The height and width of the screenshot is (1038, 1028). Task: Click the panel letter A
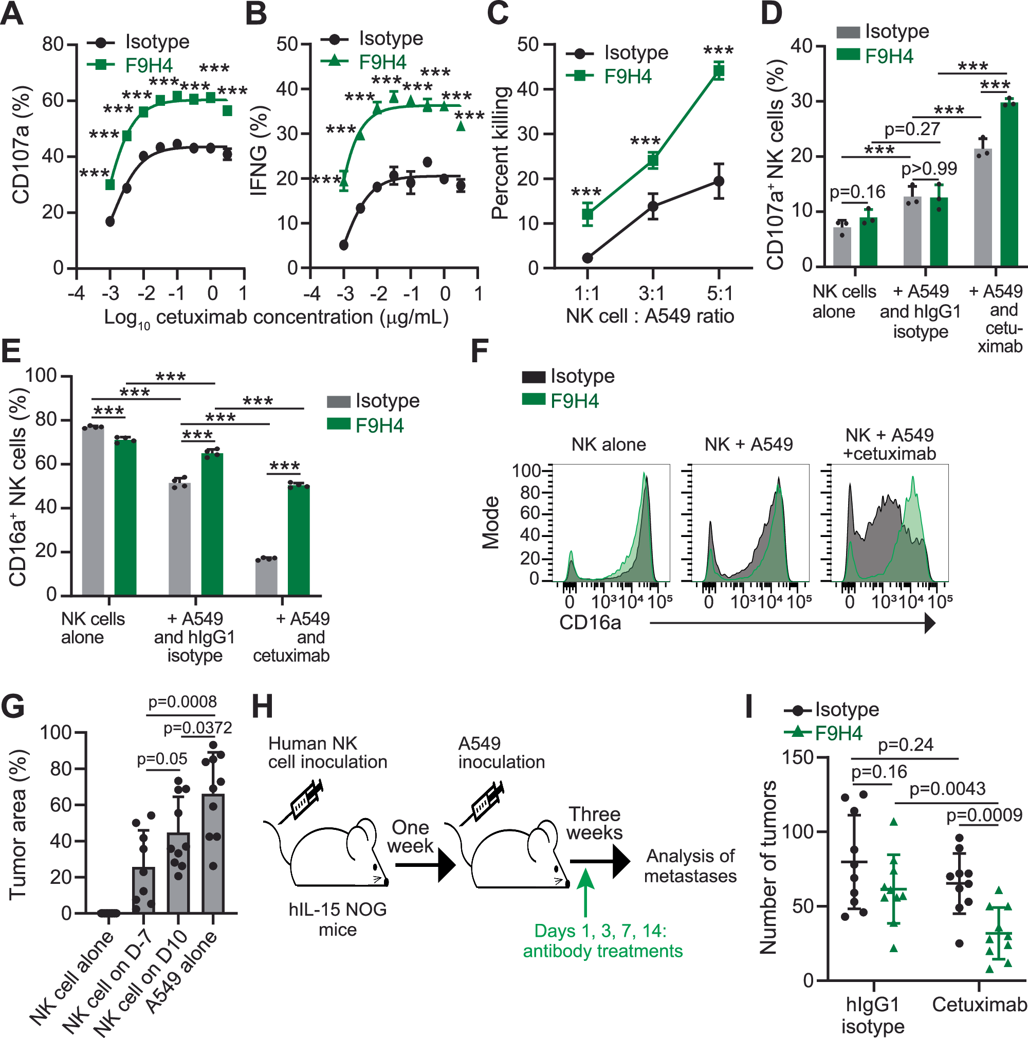[x=12, y=14]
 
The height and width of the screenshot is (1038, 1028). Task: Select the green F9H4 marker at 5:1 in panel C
[x=719, y=70]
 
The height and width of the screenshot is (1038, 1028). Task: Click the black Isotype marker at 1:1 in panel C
[x=588, y=258]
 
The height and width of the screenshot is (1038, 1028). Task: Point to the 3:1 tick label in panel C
[x=652, y=293]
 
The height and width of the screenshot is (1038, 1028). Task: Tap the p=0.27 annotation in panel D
[x=912, y=129]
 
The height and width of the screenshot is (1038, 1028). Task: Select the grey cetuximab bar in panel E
[x=266, y=577]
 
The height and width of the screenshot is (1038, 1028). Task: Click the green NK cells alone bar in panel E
[x=125, y=517]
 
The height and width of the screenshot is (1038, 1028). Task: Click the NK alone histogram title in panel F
[x=608, y=444]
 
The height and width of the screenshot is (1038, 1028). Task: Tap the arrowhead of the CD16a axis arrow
[x=930, y=623]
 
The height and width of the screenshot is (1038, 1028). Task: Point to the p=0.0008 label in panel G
[x=182, y=701]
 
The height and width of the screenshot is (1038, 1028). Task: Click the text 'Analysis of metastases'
[x=690, y=865]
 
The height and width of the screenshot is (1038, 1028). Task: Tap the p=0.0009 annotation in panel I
[x=984, y=815]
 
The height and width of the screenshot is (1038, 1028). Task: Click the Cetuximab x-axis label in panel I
[x=979, y=1005]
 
